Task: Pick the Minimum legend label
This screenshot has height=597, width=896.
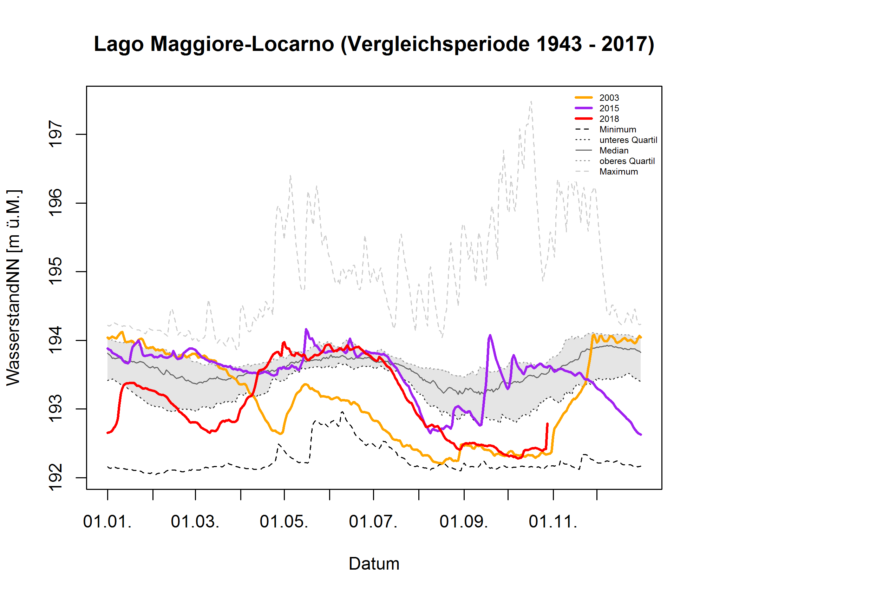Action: tap(617, 130)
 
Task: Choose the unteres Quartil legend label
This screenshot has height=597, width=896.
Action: tap(628, 140)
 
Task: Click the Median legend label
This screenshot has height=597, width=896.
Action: tap(614, 150)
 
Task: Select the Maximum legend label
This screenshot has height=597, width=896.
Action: tap(619, 172)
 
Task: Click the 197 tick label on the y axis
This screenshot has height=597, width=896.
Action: tap(55, 134)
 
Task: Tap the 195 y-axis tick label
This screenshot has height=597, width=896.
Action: tap(55, 271)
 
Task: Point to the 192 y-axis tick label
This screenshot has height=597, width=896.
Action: tap(55, 478)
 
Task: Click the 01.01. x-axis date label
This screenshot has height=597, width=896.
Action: tap(107, 521)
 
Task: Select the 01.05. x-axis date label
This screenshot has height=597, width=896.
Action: tap(284, 521)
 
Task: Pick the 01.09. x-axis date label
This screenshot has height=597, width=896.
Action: tap(463, 521)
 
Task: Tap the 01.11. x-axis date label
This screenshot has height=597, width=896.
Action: tap(553, 521)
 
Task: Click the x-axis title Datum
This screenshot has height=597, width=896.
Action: tap(374, 564)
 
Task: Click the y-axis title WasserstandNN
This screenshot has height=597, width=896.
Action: tap(13, 288)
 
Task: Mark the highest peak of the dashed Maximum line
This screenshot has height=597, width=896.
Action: tap(531, 101)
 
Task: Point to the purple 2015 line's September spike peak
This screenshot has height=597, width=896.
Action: tap(490, 335)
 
